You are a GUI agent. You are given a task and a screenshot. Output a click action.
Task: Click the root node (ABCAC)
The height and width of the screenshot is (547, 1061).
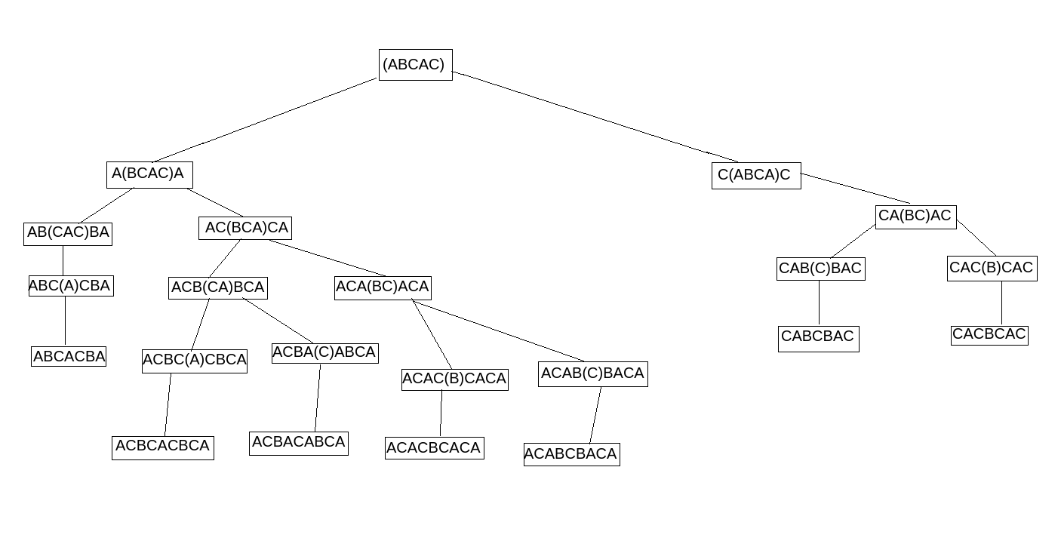(x=415, y=65)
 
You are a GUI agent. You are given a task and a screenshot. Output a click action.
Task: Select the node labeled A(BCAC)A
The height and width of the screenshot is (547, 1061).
(x=149, y=174)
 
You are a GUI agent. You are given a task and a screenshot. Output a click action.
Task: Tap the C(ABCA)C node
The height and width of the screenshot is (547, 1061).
(x=755, y=176)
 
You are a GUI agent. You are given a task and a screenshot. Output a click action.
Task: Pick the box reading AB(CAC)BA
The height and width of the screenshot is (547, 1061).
(x=68, y=233)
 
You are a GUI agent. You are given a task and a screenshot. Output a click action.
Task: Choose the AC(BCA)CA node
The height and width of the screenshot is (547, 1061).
(x=245, y=228)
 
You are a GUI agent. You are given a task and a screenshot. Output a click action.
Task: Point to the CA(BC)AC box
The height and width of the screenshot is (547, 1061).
(x=915, y=217)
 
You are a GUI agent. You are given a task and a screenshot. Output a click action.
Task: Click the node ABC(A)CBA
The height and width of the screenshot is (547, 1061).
(x=71, y=286)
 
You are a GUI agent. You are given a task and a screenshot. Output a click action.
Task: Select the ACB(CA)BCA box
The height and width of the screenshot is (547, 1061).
(x=217, y=287)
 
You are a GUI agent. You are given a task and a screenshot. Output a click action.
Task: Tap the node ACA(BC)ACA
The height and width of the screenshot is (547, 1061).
(x=383, y=287)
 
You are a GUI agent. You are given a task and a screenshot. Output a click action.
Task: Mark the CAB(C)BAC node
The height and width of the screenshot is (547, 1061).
(x=820, y=269)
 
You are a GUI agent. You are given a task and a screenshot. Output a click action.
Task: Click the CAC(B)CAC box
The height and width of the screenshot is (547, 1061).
(x=992, y=269)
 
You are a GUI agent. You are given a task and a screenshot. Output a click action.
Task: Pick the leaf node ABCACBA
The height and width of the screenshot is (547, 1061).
(x=69, y=356)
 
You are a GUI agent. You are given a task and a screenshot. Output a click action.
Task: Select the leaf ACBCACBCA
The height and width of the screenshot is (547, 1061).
(x=162, y=447)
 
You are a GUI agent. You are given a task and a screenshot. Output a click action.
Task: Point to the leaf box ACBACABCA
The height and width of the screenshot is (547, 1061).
(x=299, y=443)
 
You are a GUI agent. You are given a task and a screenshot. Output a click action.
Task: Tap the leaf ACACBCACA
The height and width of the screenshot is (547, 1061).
(x=434, y=448)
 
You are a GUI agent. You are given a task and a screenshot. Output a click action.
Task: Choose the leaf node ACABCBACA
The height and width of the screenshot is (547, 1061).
(x=571, y=454)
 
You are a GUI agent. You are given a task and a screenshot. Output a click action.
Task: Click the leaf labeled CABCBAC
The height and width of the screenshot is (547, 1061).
(x=818, y=337)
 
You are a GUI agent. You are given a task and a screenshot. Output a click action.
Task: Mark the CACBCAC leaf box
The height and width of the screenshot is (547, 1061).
(x=989, y=334)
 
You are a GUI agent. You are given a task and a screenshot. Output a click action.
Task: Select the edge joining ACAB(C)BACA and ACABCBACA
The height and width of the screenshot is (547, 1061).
(x=595, y=415)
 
